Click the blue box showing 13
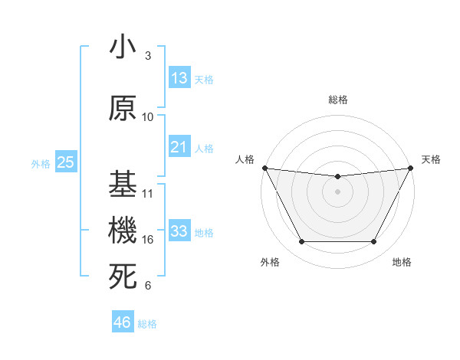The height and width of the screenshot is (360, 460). pos(179,78)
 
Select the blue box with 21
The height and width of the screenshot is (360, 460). pos(179,148)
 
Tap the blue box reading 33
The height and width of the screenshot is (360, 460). pos(179,231)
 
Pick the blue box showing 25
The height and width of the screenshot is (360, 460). pos(65,162)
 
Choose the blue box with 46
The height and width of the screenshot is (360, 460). pos(123,322)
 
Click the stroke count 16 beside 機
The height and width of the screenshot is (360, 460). pos(148,240)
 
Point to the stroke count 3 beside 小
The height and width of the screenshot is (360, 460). pos(148,56)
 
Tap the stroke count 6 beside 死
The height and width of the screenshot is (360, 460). pos(148,286)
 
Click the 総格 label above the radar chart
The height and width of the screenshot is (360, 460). pos(337,100)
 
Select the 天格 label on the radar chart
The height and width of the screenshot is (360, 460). pos(432,159)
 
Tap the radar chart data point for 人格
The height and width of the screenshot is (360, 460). pos(264,168)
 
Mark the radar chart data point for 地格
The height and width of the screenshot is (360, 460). pos(373,242)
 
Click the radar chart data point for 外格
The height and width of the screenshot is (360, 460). pos(301,242)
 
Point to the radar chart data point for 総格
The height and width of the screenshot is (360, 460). pos(337,177)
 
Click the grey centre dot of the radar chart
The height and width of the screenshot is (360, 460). pos(337,191)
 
